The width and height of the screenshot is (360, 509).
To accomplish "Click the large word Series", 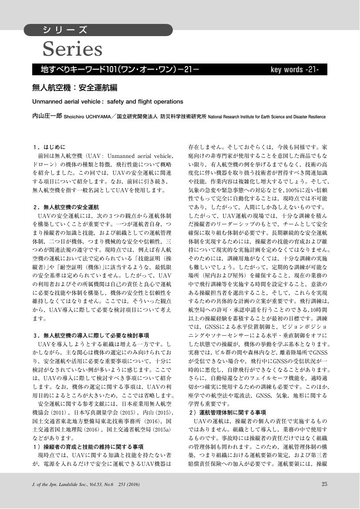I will tap(72, 49).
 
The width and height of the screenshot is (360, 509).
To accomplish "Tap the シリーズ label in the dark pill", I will tap(65, 30).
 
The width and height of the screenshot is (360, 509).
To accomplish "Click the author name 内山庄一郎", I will tap(47, 117).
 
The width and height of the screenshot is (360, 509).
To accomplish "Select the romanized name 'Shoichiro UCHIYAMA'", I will tap(87, 117).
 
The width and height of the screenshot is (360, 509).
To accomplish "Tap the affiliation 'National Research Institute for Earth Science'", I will tap(266, 117).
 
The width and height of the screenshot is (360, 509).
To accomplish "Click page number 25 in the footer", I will tap(324, 484).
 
